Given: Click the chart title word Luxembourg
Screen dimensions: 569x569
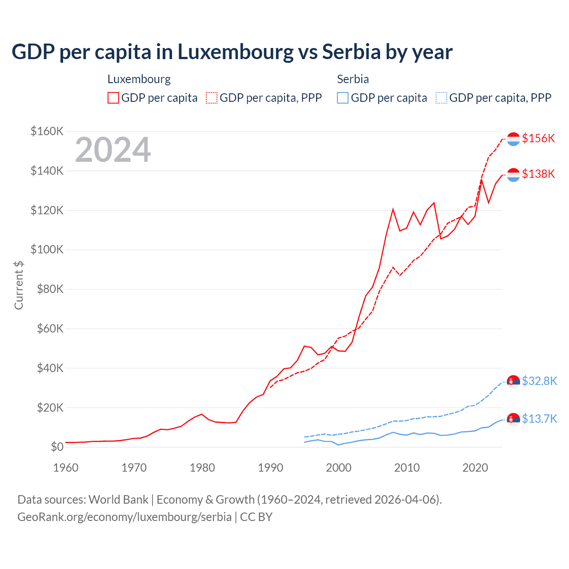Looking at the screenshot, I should coord(236,52).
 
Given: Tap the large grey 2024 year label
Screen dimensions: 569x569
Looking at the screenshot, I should coord(113,150).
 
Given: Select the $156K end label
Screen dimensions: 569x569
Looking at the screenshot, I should coord(538,138).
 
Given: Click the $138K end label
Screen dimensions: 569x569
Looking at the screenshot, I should coord(538,174).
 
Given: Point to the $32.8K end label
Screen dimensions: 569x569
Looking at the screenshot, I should coord(539,381).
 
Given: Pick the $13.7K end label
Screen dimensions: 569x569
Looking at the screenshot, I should coord(539,419).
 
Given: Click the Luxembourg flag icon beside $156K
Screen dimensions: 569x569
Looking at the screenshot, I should coord(513,139).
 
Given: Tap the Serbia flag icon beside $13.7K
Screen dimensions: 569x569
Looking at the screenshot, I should coord(513,419).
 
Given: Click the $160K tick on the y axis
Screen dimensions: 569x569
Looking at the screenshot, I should coord(47,132).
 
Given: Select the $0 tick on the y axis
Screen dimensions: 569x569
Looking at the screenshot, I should coord(57,447).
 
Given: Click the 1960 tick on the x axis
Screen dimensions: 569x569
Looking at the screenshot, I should coord(66,468).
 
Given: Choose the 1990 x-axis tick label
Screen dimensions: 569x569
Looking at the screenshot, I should coord(271,468).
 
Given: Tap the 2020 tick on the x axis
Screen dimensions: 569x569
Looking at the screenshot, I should coord(475,468).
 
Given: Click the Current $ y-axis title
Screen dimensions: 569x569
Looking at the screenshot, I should coord(19,285).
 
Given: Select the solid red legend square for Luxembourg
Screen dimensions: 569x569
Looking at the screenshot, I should coord(113,98).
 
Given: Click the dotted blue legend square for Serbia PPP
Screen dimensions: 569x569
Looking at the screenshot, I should coord(441,98).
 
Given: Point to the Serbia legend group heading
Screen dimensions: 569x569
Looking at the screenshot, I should coord(353,79).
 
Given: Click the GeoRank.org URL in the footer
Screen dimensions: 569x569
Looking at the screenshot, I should coord(124,517).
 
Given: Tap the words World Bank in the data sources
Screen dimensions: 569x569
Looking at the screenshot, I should coord(118,500).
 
